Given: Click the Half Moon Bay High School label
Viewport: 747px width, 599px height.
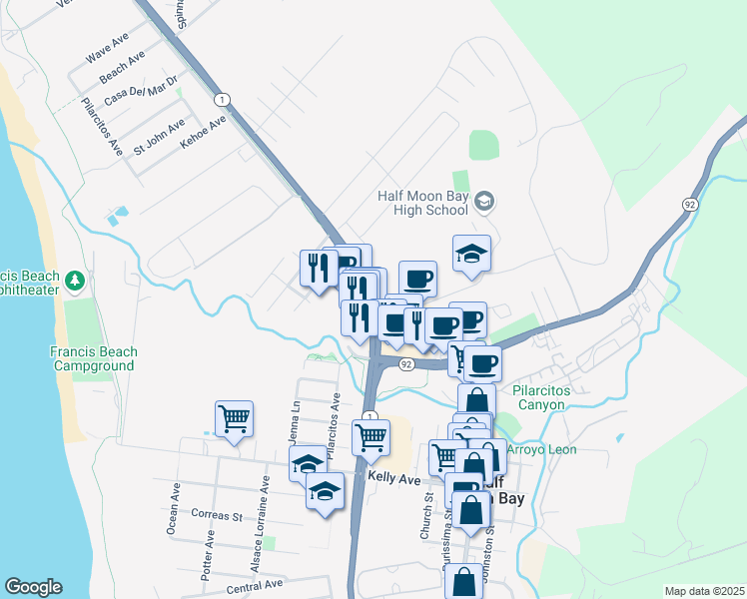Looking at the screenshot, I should pyautogui.click(x=422, y=203).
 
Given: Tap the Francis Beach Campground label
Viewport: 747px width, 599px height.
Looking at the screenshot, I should pyautogui.click(x=94, y=359).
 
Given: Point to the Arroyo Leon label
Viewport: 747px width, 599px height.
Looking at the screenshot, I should pyautogui.click(x=542, y=450).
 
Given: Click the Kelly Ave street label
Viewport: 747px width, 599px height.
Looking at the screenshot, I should pyautogui.click(x=393, y=479).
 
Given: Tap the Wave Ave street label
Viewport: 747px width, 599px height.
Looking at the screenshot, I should pyautogui.click(x=109, y=47).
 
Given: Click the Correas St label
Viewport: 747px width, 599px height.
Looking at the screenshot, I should pyautogui.click(x=217, y=516).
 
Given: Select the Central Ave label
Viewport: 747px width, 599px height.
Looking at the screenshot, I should pyautogui.click(x=255, y=585).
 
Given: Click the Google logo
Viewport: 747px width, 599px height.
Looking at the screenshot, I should pyautogui.click(x=32, y=587).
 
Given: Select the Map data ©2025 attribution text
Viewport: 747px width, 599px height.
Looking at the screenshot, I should pyautogui.click(x=704, y=591).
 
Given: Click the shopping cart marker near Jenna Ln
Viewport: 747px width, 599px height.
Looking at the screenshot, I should pyautogui.click(x=234, y=418).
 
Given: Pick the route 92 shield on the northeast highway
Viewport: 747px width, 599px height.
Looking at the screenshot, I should pyautogui.click(x=689, y=204).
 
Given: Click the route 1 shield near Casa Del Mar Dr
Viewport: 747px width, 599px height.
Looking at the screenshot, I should pyautogui.click(x=221, y=99).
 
